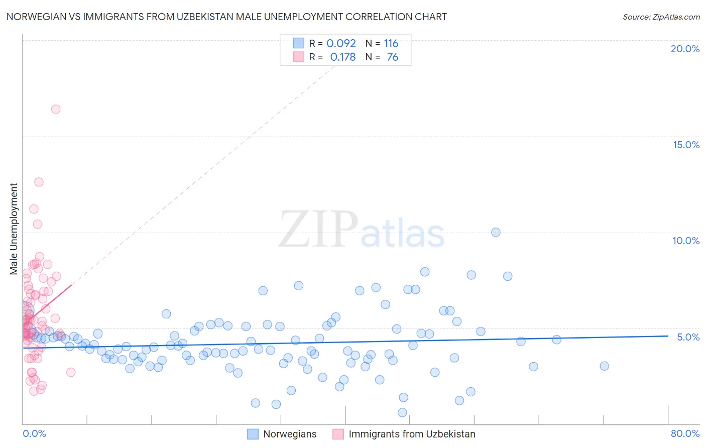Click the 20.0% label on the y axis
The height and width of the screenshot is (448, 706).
pos(685,49)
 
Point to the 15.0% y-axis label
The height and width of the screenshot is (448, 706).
pos(686,145)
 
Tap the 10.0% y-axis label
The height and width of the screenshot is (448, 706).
pos(686,241)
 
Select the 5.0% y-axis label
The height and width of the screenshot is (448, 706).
pos(688,337)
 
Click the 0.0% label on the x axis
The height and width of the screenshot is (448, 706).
pos(34,433)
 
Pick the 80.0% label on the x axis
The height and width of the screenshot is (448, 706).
pos(685,433)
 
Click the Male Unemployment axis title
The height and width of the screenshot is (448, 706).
pos(14,229)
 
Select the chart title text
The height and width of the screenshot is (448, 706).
pos(226,17)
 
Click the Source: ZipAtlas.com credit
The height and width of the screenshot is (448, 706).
pos(661,17)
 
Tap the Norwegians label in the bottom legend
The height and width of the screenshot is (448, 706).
pos(290,434)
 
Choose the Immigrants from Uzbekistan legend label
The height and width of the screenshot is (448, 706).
pos(412,434)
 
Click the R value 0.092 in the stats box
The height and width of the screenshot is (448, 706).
pos(341,43)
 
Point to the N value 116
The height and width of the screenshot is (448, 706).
pos(391,43)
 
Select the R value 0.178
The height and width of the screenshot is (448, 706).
pos(342,57)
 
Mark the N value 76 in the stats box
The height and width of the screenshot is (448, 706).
pos(392,57)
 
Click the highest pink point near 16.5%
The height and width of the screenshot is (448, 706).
pos(56,109)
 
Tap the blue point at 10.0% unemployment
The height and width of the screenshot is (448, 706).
pos(496,232)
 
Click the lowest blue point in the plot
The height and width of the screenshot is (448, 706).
pos(402,412)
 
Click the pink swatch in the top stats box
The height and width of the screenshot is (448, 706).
pos(298,57)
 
